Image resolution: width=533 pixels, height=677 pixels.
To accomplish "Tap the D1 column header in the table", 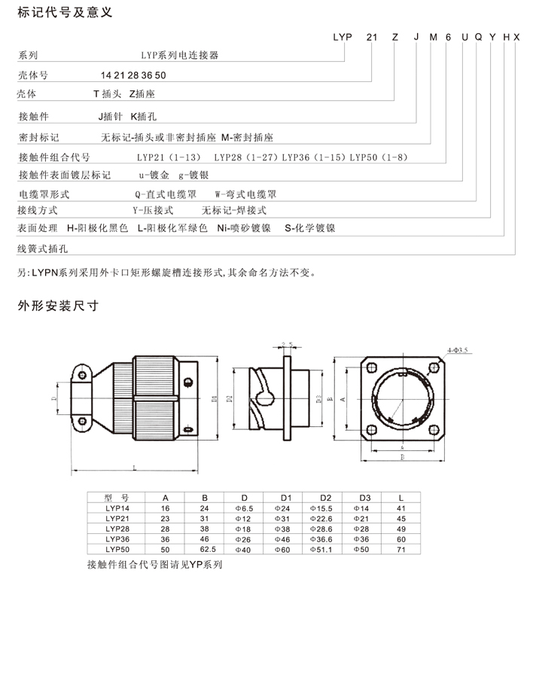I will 285,498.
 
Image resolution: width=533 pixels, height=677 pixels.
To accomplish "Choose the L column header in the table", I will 401,498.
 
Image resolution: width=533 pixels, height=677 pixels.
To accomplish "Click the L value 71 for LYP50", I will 401,550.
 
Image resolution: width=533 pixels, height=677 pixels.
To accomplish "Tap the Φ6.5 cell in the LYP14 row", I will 244,508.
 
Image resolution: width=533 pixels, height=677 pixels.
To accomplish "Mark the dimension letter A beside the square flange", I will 344,401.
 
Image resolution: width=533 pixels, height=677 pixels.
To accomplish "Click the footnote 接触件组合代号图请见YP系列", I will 155,563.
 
